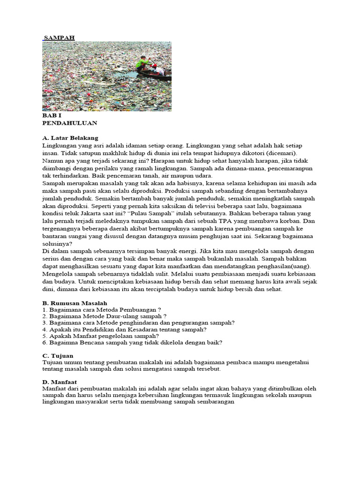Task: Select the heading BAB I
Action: pos(52,115)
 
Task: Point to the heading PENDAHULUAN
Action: pos(69,123)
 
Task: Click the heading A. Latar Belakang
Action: pos(70,138)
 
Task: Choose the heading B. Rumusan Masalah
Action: pos(75,303)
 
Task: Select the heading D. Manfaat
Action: pos(60,382)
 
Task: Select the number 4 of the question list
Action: pos(44,330)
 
